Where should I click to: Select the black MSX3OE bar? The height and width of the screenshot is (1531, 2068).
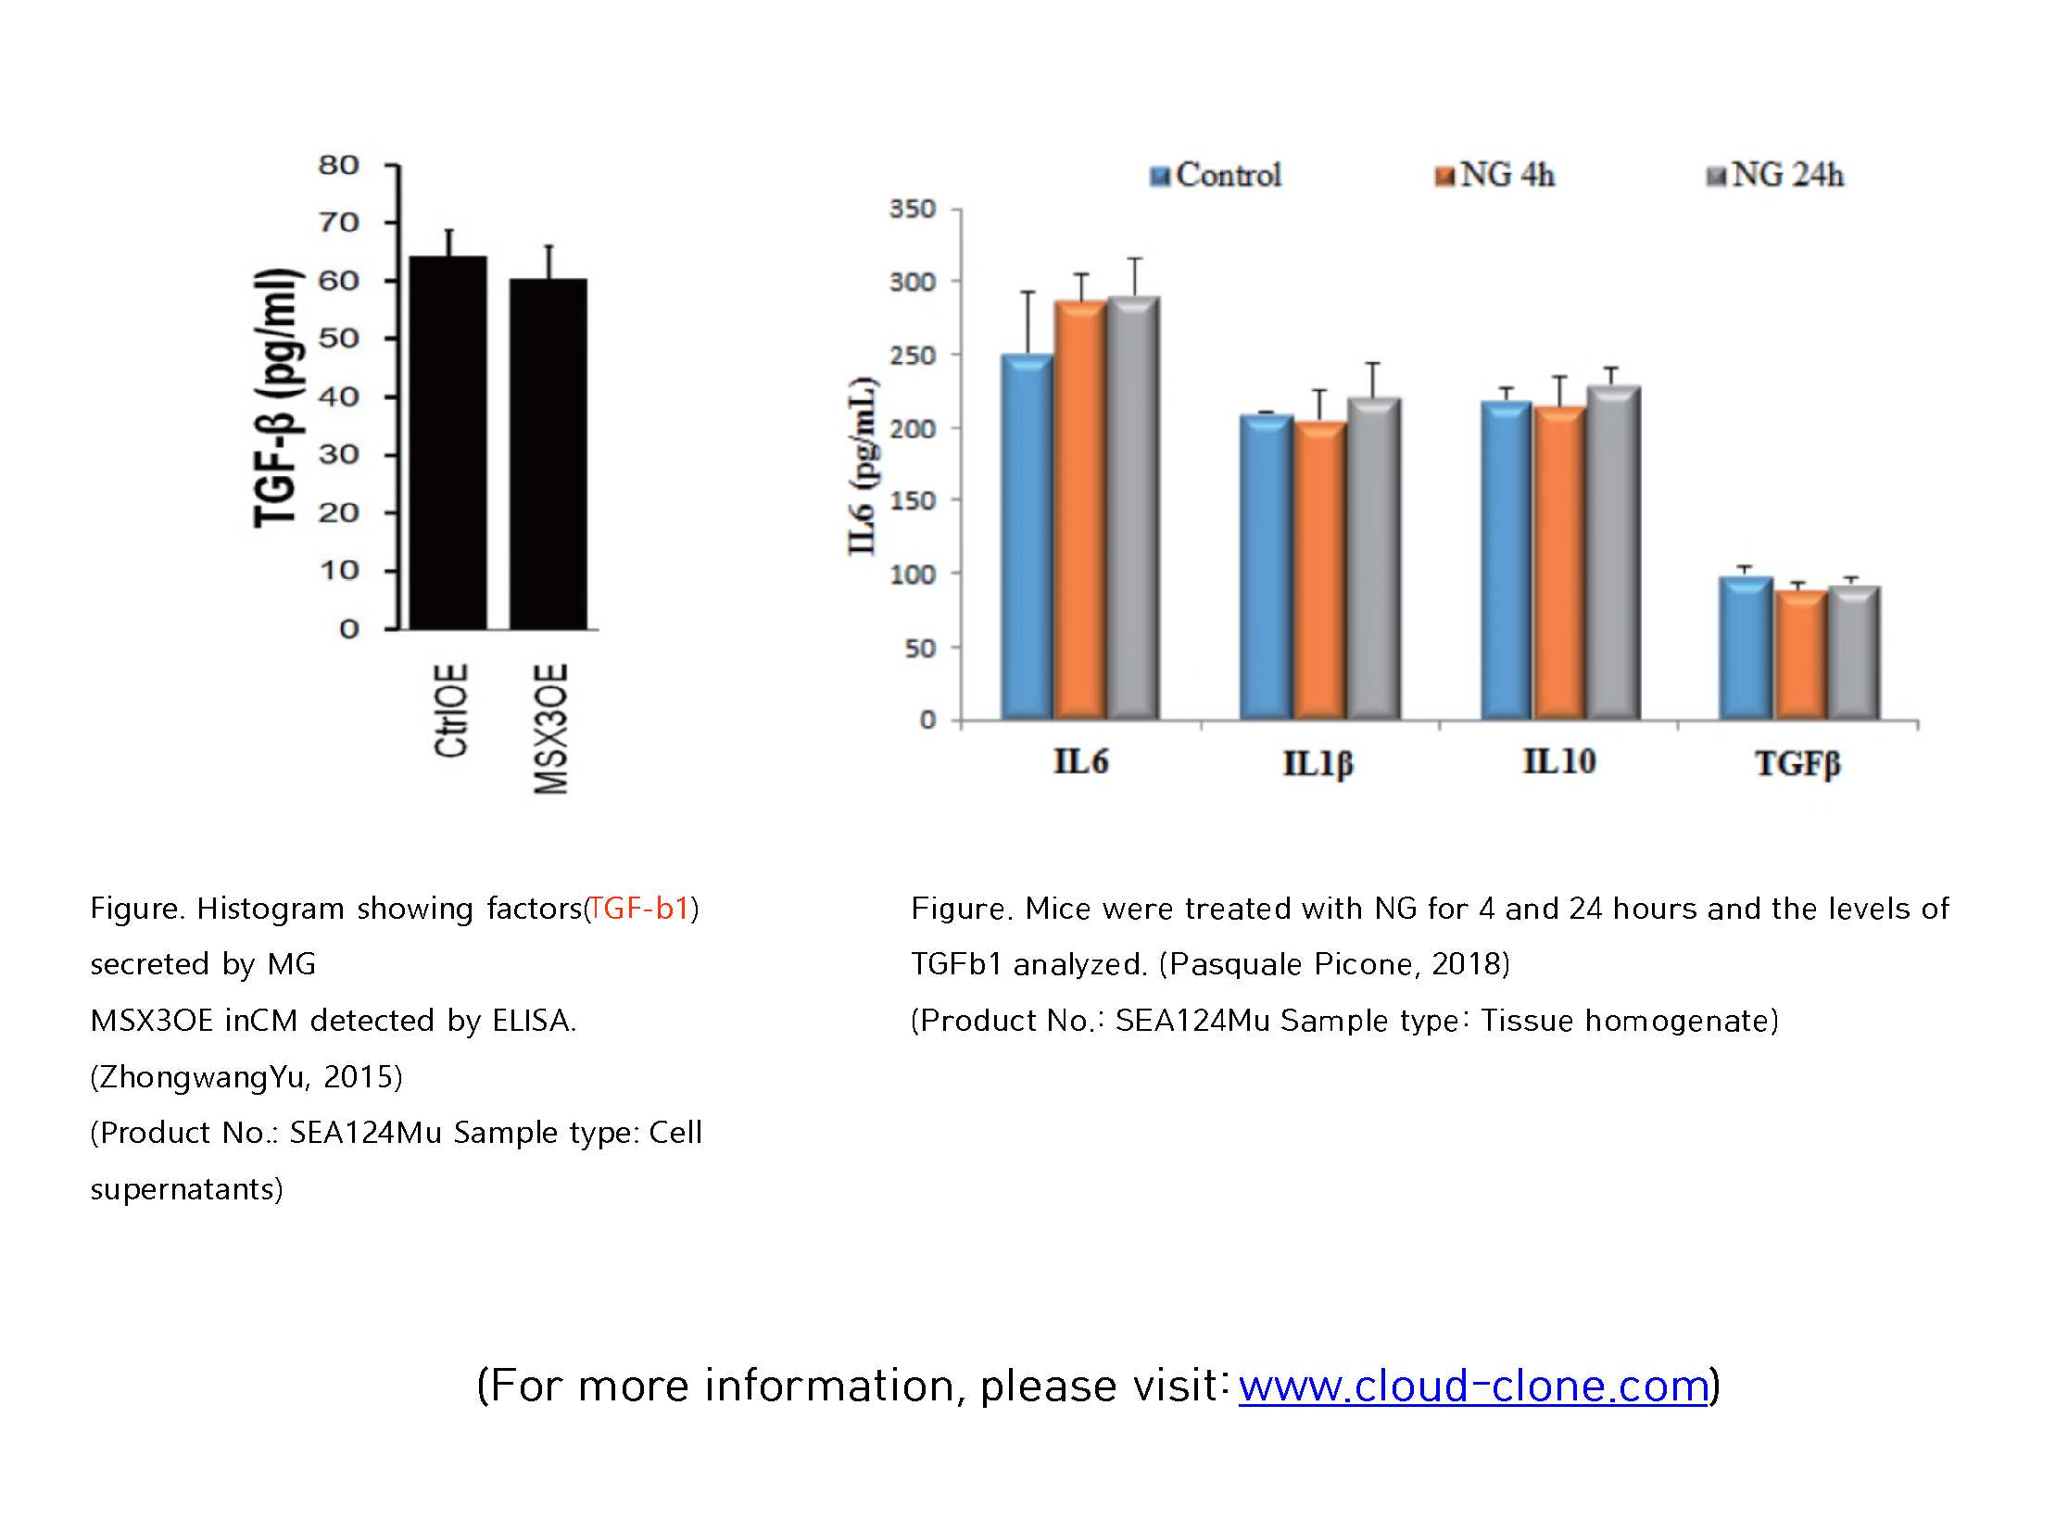tap(548, 454)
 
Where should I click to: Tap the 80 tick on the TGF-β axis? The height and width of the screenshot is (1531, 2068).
tap(338, 165)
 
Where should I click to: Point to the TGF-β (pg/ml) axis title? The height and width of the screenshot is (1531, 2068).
tap(277, 398)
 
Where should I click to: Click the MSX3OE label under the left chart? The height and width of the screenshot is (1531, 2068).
tap(550, 728)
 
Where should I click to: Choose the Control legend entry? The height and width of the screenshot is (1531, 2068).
tap(1217, 175)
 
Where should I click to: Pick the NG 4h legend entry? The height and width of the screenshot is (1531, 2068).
tap(1495, 175)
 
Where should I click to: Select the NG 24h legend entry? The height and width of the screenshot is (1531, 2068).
tap(1776, 175)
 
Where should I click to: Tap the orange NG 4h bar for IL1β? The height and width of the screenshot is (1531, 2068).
tap(1320, 570)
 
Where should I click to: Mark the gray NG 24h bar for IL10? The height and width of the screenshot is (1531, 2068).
tap(1614, 552)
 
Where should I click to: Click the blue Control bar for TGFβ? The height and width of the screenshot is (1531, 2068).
tap(1746, 647)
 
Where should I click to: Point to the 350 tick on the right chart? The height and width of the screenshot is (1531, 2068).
tap(913, 209)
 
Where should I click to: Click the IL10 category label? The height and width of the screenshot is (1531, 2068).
tap(1559, 761)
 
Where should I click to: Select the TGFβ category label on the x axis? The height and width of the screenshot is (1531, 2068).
tap(1797, 763)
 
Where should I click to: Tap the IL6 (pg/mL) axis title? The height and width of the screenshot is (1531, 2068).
tap(862, 465)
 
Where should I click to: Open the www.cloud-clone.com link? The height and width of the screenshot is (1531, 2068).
tap(1474, 1386)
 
